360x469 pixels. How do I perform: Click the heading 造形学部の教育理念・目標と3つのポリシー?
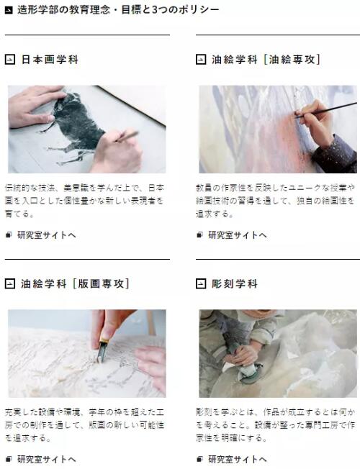[x=118, y=9]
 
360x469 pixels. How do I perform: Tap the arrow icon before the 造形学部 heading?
[x=9, y=9]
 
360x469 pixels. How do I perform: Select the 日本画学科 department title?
[x=49, y=60]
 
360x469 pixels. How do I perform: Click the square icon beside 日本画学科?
[x=9, y=60]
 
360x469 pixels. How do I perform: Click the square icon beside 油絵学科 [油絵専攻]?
[x=201, y=60]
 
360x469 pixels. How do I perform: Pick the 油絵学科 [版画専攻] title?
[x=75, y=283]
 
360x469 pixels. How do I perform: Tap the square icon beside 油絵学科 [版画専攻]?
[x=9, y=283]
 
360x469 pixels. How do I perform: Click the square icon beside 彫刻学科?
[x=201, y=283]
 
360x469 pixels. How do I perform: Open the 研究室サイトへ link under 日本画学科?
[x=46, y=234]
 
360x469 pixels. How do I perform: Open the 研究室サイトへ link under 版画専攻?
[x=46, y=458]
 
